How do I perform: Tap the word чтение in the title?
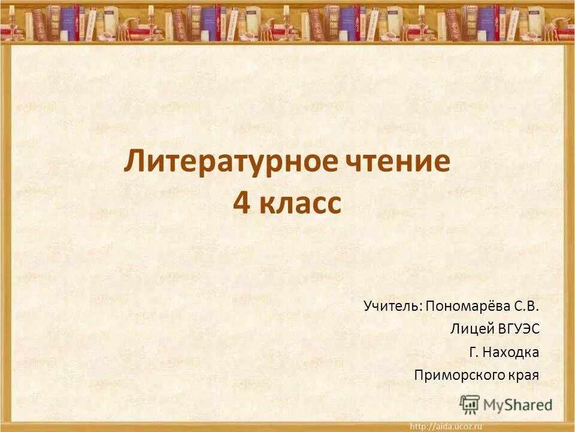pyautogui.click(x=398, y=163)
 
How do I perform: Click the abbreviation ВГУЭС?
pyautogui.click(x=519, y=329)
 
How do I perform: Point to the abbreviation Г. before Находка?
pyautogui.click(x=473, y=352)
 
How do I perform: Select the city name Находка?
pyautogui.click(x=512, y=352)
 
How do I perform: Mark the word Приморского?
pyautogui.click(x=454, y=376)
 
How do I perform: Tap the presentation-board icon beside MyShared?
pyautogui.click(x=470, y=404)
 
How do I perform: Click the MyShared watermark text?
pyautogui.click(x=517, y=405)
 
